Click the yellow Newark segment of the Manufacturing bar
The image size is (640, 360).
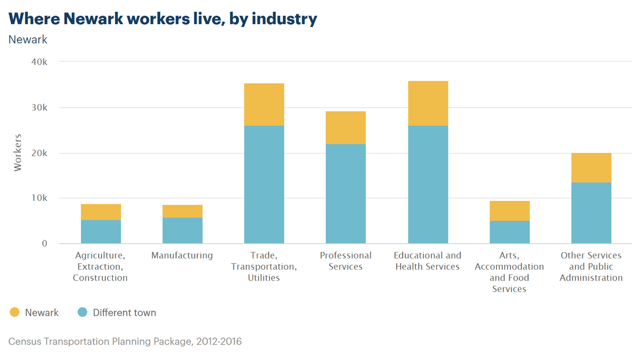pyautogui.click(x=182, y=211)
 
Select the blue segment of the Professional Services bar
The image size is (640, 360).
pyautogui.click(x=346, y=194)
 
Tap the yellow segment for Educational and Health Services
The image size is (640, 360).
pyautogui.click(x=428, y=103)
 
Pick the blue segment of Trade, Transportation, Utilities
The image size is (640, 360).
pyautogui.click(x=264, y=184)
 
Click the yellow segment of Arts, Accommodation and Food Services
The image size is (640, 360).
pyautogui.click(x=510, y=211)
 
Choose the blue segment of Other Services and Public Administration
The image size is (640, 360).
pyautogui.click(x=591, y=213)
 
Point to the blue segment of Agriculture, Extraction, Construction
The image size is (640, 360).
pyautogui.click(x=101, y=232)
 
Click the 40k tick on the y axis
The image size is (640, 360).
pyautogui.click(x=39, y=62)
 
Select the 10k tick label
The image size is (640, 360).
pyautogui.click(x=39, y=198)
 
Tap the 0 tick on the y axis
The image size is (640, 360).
pyautogui.click(x=44, y=243)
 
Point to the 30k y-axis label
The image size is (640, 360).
pyautogui.click(x=39, y=107)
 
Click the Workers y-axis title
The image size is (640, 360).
pyautogui.click(x=18, y=152)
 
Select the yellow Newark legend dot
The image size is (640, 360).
pyautogui.click(x=15, y=312)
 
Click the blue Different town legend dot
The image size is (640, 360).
pyautogui.click(x=82, y=312)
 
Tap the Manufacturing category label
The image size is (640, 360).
pyautogui.click(x=182, y=255)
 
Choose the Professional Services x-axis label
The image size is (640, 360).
pyautogui.click(x=346, y=261)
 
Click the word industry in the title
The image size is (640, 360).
pyautogui.click(x=284, y=18)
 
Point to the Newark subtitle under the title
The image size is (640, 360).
pyautogui.click(x=28, y=39)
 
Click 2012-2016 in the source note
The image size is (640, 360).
pyautogui.click(x=219, y=341)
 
